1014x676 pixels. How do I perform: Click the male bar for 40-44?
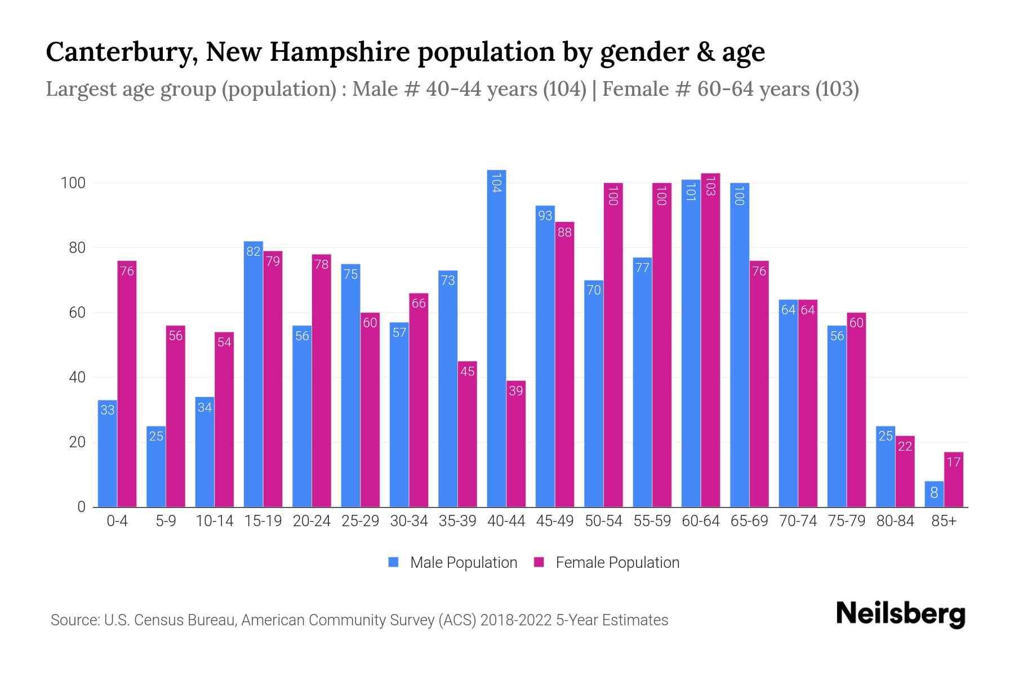pos(496,338)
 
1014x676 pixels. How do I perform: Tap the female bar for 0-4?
pos(127,384)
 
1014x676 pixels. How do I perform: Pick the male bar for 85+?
pos(934,494)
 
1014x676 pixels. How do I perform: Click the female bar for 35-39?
pos(467,434)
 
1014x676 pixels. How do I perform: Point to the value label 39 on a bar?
pos(515,390)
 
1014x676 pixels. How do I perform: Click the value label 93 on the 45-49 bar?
pos(545,215)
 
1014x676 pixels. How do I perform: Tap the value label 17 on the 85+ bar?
pos(953,462)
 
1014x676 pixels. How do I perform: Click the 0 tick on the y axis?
pos(82,507)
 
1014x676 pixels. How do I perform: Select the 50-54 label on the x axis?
pos(603,521)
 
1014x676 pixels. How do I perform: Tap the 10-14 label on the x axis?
pos(214,521)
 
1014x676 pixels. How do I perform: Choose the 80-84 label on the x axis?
pos(895,521)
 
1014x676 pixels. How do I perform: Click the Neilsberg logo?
pos(900,613)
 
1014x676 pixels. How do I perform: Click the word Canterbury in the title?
pos(121,52)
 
